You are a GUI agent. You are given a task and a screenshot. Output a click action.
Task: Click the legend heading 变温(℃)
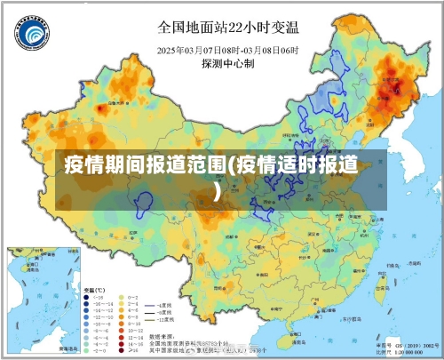[94, 290]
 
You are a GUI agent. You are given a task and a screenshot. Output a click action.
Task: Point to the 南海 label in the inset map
[36, 293]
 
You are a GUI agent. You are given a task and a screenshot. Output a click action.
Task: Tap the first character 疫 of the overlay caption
[75, 165]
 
